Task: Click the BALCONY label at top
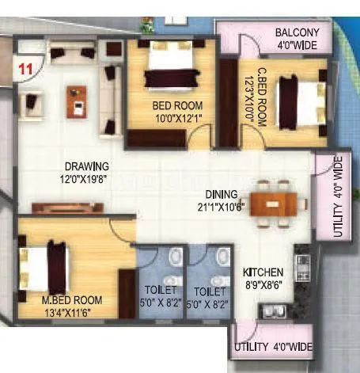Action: coord(297,32)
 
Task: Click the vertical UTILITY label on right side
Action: coord(338,197)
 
